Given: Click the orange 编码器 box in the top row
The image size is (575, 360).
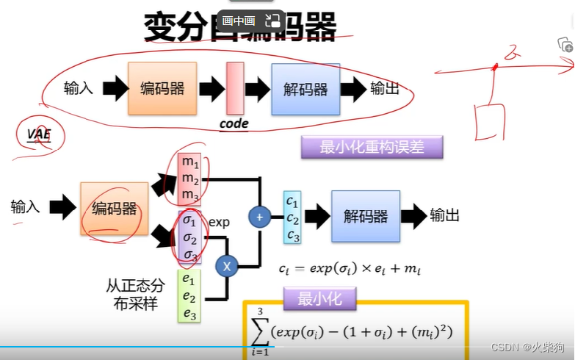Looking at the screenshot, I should [162, 89].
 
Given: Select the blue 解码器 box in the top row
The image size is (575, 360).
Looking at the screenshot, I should [305, 90].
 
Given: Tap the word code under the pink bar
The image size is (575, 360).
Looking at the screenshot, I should [234, 124].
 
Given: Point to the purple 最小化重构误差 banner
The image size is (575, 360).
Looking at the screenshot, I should [372, 147].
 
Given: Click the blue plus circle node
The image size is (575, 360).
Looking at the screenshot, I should [259, 216].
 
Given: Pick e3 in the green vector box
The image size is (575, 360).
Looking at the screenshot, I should [189, 314].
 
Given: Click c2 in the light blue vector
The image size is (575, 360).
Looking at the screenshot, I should [292, 218].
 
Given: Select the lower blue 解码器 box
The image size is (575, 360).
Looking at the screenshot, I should [365, 216].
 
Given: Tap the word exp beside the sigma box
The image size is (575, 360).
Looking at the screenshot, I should [220, 221].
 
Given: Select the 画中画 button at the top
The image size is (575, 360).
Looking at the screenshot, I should [238, 21].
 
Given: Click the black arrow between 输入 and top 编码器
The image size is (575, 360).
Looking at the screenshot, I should [113, 89].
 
